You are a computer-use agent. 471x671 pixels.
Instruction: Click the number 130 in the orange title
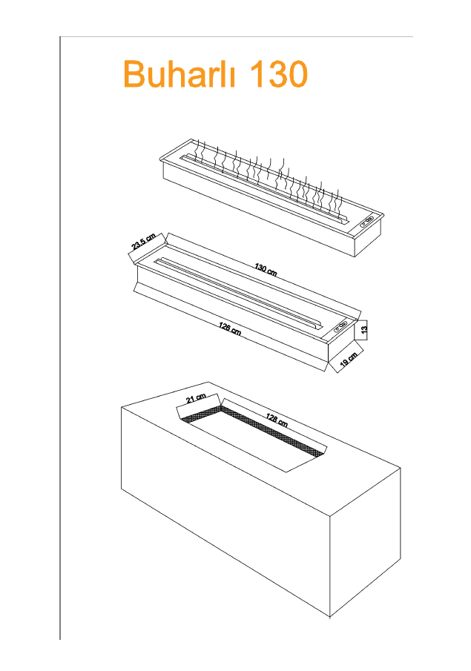click(278, 74)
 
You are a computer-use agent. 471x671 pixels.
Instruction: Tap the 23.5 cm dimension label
click(143, 242)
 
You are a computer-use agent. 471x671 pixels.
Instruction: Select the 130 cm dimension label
click(266, 270)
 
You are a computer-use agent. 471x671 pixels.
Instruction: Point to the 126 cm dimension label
click(230, 328)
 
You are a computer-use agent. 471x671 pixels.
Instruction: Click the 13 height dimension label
click(364, 329)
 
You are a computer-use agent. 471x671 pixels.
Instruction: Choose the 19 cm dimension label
click(349, 360)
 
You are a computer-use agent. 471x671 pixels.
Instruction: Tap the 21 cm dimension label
click(196, 398)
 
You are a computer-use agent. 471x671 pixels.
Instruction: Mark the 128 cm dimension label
click(277, 420)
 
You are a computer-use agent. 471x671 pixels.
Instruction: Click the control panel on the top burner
click(367, 221)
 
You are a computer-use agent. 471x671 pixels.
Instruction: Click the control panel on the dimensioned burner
click(341, 328)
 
